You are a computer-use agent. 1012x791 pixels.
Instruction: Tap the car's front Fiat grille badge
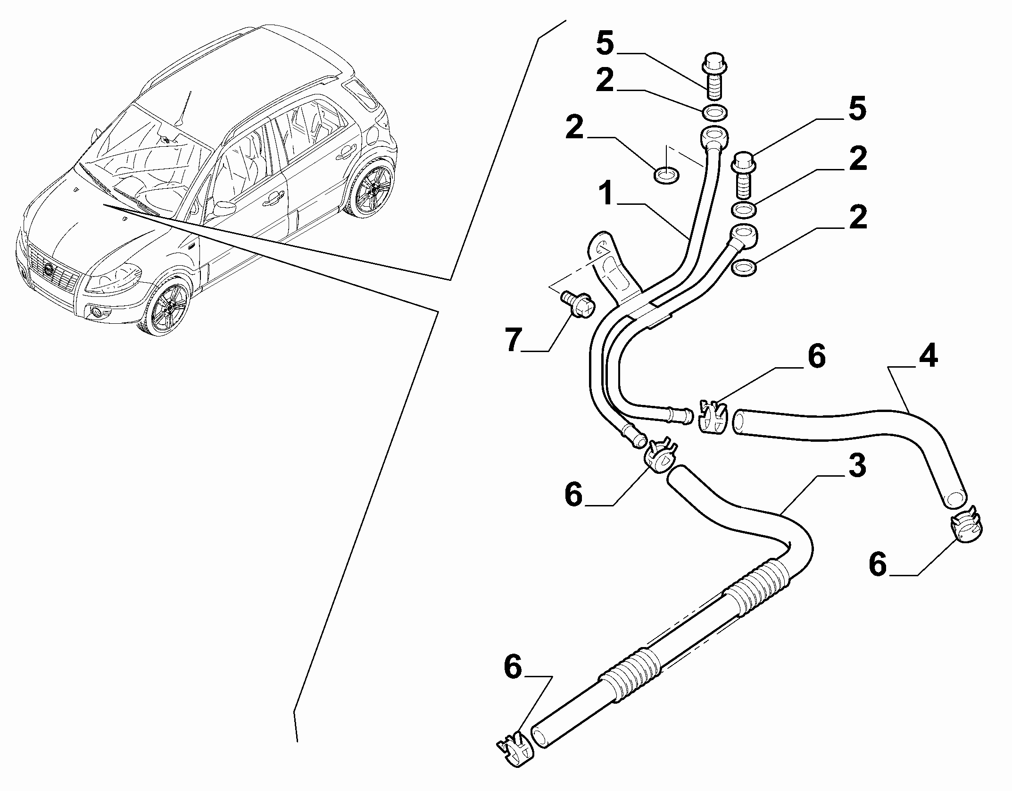pyautogui.click(x=49, y=269)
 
